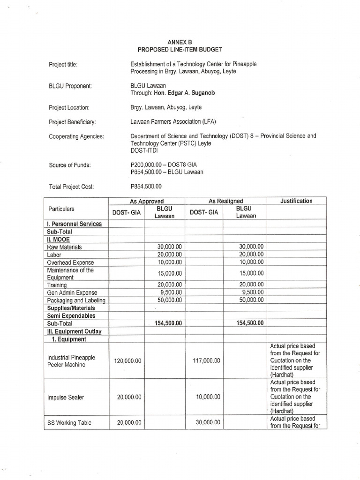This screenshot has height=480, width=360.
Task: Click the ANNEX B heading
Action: click(x=180, y=42)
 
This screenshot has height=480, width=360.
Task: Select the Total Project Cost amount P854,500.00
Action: click(x=146, y=186)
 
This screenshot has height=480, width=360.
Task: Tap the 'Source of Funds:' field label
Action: click(x=70, y=165)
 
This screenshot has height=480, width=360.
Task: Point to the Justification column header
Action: click(x=296, y=201)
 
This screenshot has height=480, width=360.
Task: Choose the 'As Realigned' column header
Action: click(x=226, y=201)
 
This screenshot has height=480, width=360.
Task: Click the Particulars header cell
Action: click(x=61, y=209)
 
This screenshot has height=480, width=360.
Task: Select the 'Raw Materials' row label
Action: click(x=65, y=247)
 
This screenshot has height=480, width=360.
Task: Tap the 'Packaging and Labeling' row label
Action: click(x=76, y=300)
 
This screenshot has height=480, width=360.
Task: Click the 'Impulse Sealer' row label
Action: click(x=66, y=397)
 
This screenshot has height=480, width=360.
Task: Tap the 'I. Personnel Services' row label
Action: click(x=75, y=224)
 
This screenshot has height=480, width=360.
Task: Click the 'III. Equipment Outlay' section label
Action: click(x=75, y=331)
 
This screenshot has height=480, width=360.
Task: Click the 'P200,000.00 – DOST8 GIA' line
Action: click(x=163, y=165)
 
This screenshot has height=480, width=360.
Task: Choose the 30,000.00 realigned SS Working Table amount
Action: click(x=207, y=422)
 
